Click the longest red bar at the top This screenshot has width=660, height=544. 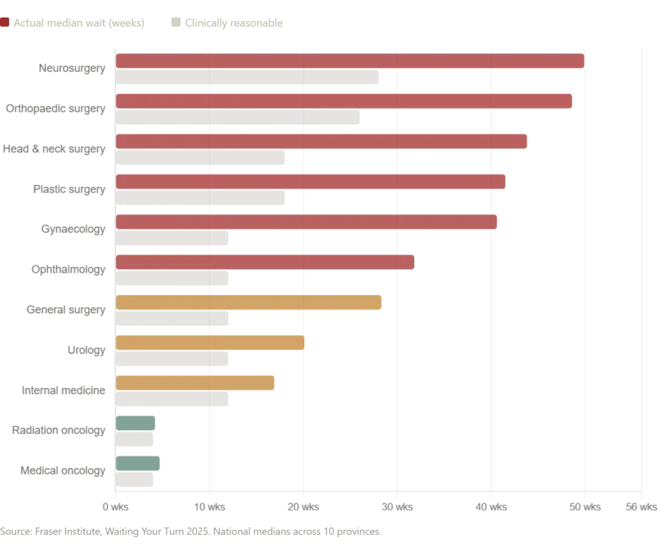[350, 62]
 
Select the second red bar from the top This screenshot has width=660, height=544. [344, 102]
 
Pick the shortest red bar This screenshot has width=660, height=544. [265, 262]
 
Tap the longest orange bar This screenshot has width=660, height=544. [249, 302]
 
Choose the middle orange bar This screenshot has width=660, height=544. [210, 343]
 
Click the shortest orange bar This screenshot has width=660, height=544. [195, 383]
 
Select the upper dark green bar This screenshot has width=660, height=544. [137, 423]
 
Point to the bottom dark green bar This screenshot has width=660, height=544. [139, 463]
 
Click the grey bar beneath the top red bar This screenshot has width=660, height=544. [248, 78]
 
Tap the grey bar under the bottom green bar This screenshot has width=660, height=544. [135, 480]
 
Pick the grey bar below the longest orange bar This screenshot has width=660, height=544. [173, 319]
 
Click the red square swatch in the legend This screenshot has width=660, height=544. [4, 24]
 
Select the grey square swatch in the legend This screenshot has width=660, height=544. [175, 24]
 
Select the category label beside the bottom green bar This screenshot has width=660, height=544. [63, 471]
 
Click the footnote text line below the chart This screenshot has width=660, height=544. [191, 532]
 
